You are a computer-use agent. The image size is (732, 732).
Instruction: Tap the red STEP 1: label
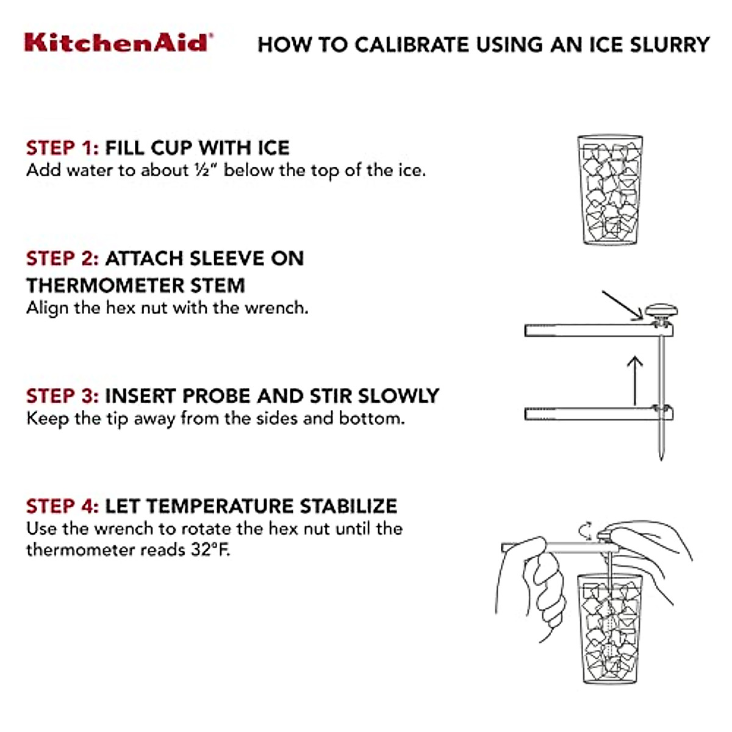point(62,148)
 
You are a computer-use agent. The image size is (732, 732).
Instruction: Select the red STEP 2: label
point(62,258)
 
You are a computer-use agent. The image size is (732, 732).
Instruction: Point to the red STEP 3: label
point(62,395)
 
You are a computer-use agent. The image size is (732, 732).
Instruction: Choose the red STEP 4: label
point(62,506)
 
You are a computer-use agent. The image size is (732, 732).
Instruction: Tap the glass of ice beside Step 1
point(610,190)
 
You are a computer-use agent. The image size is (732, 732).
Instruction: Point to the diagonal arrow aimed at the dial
point(622,305)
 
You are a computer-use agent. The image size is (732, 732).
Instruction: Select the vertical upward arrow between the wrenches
point(635,381)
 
